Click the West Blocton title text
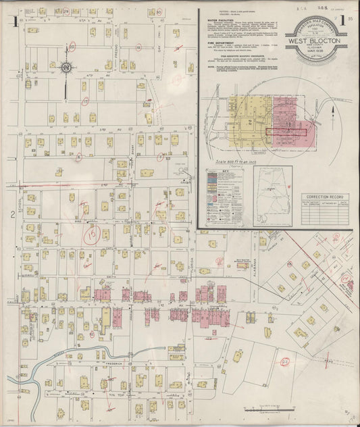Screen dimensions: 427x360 (315, 40)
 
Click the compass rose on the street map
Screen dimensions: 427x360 (66, 68)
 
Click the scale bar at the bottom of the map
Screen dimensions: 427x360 (269, 408)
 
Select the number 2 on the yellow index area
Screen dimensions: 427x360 (250, 122)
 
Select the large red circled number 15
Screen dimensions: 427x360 (91, 235)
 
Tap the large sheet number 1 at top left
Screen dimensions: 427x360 (14, 22)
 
